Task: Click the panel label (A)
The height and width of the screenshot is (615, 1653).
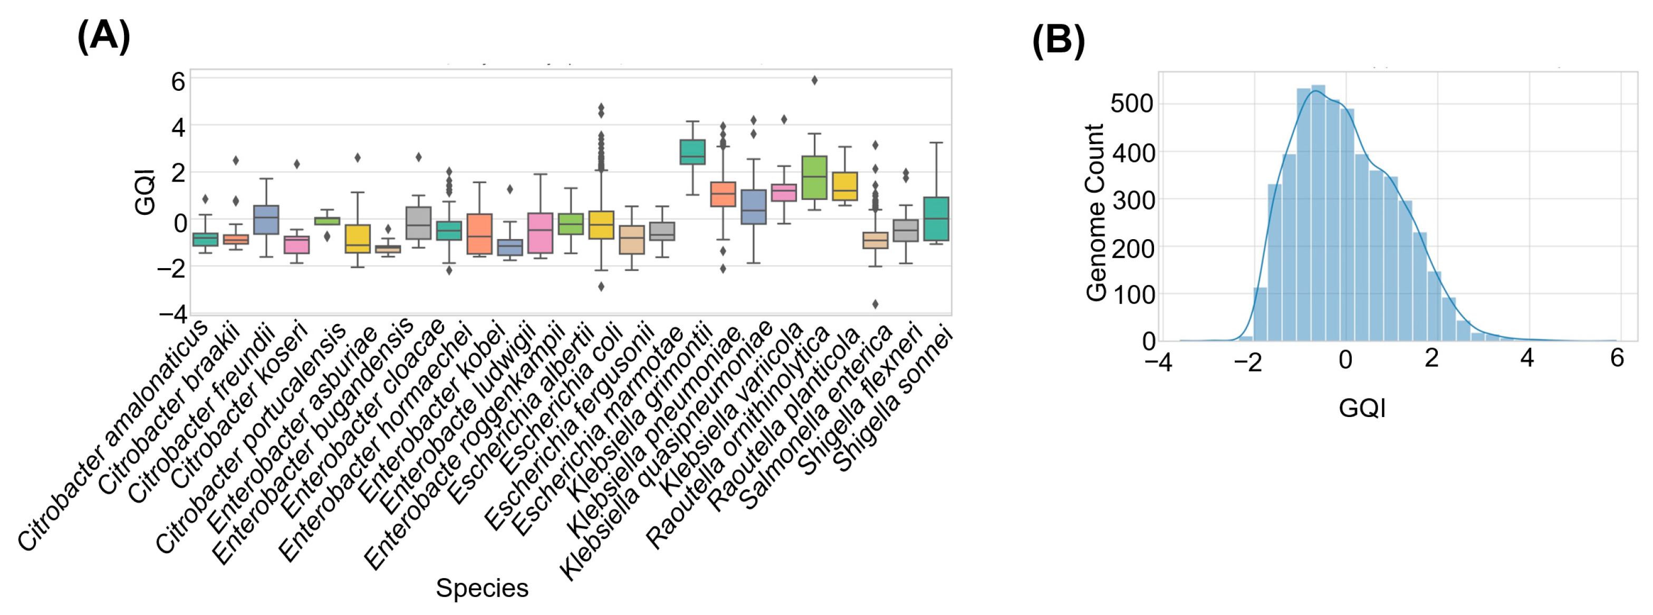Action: [103, 36]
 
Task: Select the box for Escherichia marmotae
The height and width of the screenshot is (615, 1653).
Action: [693, 152]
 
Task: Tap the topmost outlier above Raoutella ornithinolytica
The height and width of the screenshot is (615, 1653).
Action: [814, 80]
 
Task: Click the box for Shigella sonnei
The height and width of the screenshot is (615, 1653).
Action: [936, 219]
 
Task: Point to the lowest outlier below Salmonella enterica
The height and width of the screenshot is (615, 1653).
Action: [875, 304]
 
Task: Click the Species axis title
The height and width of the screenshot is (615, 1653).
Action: [482, 588]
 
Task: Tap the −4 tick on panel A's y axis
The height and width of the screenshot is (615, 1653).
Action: [172, 314]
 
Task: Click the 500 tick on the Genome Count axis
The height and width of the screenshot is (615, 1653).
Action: [1131, 103]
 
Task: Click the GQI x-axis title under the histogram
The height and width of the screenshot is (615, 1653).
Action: [1362, 408]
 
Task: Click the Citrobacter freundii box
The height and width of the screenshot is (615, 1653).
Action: [266, 220]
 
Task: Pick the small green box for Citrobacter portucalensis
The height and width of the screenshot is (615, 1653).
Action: [327, 221]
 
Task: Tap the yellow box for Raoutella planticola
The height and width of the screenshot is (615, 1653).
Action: [845, 186]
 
